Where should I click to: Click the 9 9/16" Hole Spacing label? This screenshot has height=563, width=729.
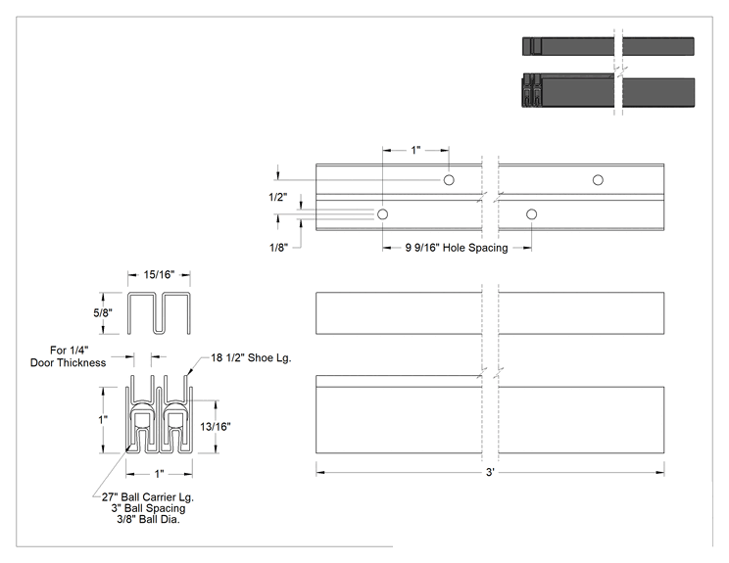(x=456, y=248)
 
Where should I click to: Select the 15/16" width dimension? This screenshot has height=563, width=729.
(x=159, y=274)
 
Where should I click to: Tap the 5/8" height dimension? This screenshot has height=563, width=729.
(x=102, y=312)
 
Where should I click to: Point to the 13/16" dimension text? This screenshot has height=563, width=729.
(x=216, y=427)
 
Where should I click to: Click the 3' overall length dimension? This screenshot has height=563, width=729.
(x=490, y=472)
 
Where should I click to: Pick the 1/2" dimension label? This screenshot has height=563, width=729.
(x=277, y=197)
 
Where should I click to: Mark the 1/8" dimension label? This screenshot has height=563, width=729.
(x=278, y=247)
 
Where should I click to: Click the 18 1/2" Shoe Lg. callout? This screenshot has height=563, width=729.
(x=251, y=357)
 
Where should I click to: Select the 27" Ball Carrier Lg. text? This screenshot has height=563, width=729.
(x=148, y=497)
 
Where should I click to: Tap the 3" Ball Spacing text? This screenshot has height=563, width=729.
(x=148, y=508)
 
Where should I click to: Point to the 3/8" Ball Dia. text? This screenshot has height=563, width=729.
(x=148, y=519)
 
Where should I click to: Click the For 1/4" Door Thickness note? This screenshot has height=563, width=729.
(x=69, y=356)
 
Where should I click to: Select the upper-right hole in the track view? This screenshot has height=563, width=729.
(x=598, y=180)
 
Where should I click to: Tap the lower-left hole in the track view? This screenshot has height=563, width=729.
(x=383, y=214)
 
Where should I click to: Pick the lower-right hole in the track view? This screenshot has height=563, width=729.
(x=532, y=214)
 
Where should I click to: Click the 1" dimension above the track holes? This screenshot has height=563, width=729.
(x=415, y=150)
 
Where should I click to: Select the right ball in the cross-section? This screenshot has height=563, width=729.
(x=175, y=420)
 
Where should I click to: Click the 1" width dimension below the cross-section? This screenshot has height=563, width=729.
(x=159, y=474)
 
